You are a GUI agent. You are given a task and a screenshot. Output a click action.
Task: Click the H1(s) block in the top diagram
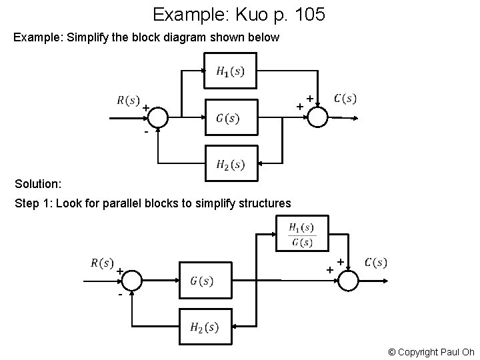230,71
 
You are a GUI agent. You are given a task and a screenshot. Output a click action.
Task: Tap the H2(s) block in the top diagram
230,164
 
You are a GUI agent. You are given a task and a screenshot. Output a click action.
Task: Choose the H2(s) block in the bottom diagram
203,326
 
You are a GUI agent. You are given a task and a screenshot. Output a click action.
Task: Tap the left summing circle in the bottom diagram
131,281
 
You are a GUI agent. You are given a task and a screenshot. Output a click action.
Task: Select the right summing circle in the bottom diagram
349,281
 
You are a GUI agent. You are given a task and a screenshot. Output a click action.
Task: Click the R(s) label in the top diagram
129,101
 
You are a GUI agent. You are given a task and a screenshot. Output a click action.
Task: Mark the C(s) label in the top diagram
345,99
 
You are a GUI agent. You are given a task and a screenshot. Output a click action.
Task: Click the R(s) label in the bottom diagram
102,263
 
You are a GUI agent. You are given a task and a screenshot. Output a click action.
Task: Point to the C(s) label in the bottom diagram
375,263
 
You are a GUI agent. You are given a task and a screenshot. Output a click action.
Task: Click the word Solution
38,182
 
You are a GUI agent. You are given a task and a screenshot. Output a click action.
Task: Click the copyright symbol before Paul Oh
392,351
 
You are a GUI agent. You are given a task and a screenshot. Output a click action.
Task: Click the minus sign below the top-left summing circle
146,131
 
